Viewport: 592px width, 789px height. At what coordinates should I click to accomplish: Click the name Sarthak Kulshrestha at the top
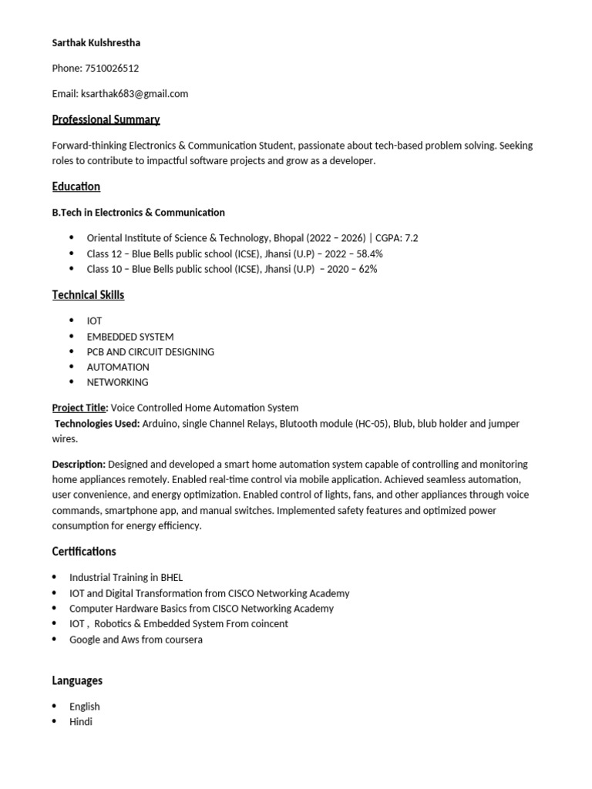coord(96,43)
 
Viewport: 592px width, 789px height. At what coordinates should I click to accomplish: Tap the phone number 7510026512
coord(112,69)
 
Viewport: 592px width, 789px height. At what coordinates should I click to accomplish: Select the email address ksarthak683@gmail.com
coord(135,94)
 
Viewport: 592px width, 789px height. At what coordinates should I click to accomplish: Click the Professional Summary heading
coord(106,119)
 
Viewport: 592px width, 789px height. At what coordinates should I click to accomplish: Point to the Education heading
coord(76,186)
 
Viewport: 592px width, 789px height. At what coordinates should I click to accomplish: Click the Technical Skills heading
coord(88,295)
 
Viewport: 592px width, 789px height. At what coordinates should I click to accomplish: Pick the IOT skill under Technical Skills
coord(94,321)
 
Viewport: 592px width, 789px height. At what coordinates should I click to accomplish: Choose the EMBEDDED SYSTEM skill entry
coord(129,337)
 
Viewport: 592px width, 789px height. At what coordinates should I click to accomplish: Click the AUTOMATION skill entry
coord(118,367)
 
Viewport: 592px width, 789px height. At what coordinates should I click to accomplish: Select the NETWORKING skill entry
coord(117,382)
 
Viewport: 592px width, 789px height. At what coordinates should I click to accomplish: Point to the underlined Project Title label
coord(79,408)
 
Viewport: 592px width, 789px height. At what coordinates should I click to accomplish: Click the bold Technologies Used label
coord(98,424)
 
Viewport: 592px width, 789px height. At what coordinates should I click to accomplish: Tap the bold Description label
coord(79,465)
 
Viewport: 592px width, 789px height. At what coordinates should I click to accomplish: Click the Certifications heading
coord(84,552)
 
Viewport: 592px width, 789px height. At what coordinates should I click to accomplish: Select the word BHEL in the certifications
coord(170,577)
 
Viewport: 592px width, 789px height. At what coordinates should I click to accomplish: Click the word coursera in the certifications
coord(183,640)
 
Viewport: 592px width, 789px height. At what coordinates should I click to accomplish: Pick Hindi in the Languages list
coord(81,722)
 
